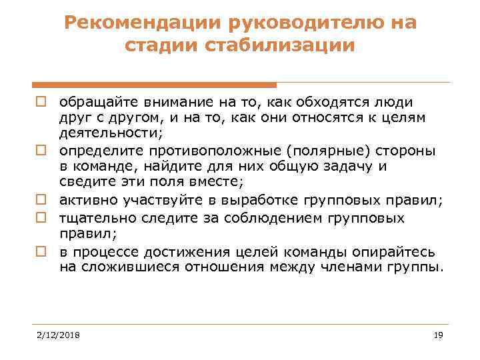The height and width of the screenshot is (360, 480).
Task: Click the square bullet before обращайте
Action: coord(41,103)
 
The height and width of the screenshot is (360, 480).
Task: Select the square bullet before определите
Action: coord(41,150)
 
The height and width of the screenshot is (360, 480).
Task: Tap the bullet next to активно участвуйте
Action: coord(41,198)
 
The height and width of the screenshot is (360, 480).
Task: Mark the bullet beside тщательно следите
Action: coord(41,219)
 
